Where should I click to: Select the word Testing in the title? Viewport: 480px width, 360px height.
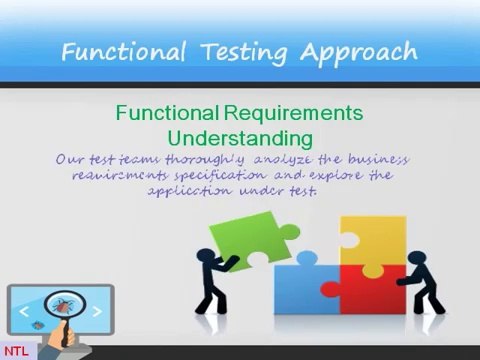click(x=240, y=51)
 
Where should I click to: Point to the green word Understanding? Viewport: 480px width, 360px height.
click(x=239, y=137)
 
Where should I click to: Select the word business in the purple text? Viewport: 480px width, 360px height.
click(x=375, y=160)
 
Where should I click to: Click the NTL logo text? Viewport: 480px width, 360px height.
click(x=15, y=350)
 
